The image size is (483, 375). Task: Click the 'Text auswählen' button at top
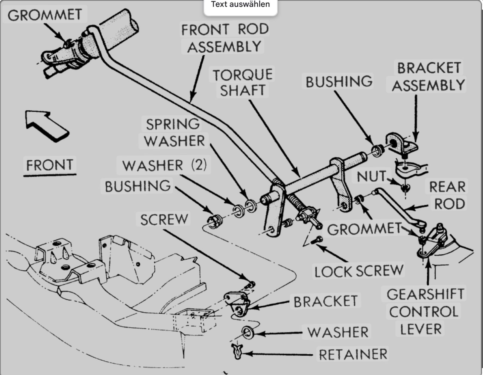click(x=240, y=5)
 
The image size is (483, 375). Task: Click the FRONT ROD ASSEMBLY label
click(x=225, y=38)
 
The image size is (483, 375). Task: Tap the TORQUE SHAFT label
click(x=242, y=82)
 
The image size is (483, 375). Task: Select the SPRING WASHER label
click(x=174, y=132)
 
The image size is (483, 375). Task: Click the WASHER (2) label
click(x=164, y=165)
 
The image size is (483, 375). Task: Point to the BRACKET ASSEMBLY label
click(x=428, y=77)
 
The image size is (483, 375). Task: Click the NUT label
click(x=371, y=176)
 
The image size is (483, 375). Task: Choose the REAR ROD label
click(x=447, y=195)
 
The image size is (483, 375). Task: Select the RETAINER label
click(x=353, y=354)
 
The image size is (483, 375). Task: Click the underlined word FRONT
click(x=50, y=165)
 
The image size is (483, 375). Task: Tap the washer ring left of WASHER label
click(x=247, y=333)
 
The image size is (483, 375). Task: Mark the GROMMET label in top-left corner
click(x=45, y=15)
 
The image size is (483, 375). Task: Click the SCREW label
click(x=164, y=220)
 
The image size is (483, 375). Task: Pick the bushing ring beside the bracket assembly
click(x=378, y=150)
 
